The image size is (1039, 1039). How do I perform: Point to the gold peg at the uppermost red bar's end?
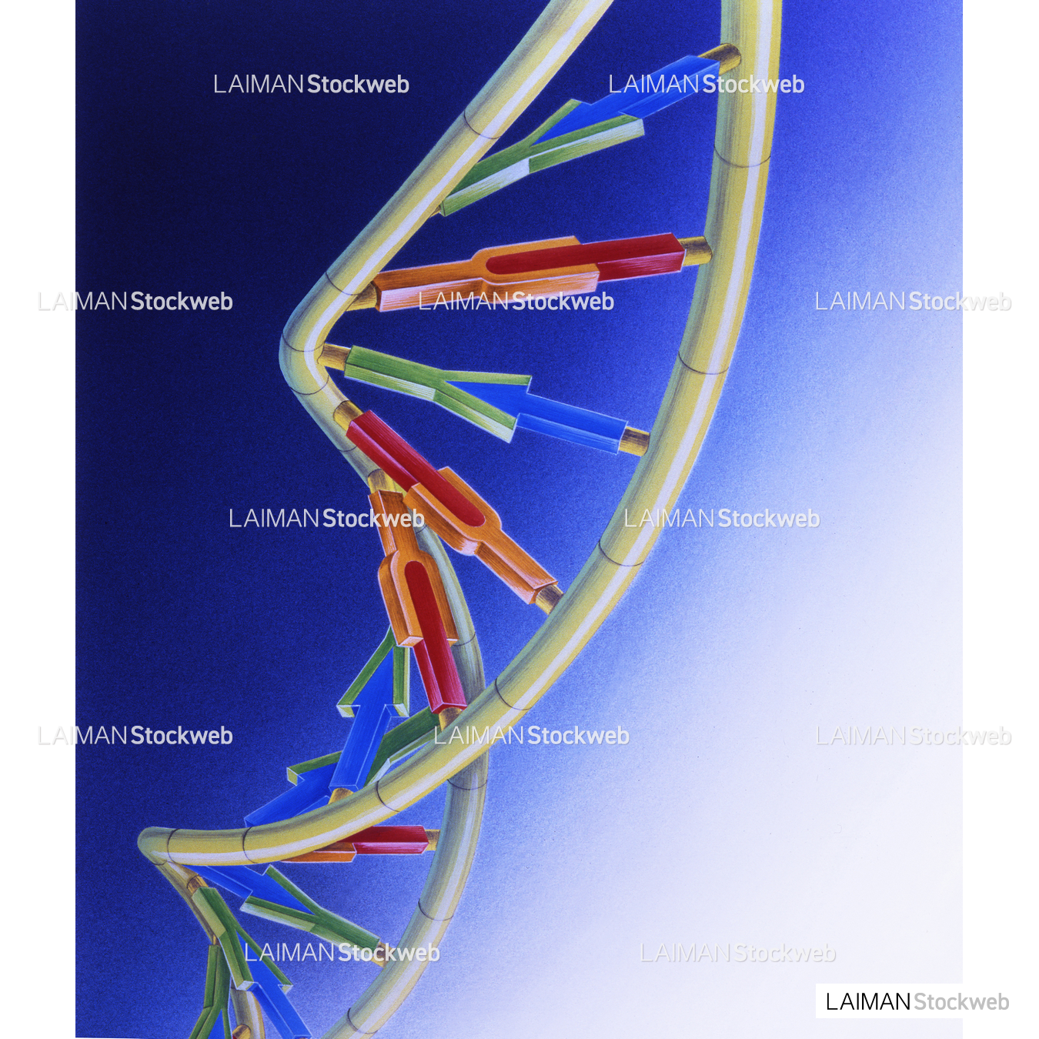(695, 250)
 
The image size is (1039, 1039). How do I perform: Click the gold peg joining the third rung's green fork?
(333, 356)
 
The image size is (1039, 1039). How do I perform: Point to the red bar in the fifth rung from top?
(431, 631)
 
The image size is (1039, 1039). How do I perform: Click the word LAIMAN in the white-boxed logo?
(868, 1001)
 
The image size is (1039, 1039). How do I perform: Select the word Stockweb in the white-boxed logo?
(960, 1001)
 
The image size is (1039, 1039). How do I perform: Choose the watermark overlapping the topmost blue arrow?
(706, 84)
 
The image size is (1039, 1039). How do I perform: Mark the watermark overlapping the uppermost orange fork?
(516, 301)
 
